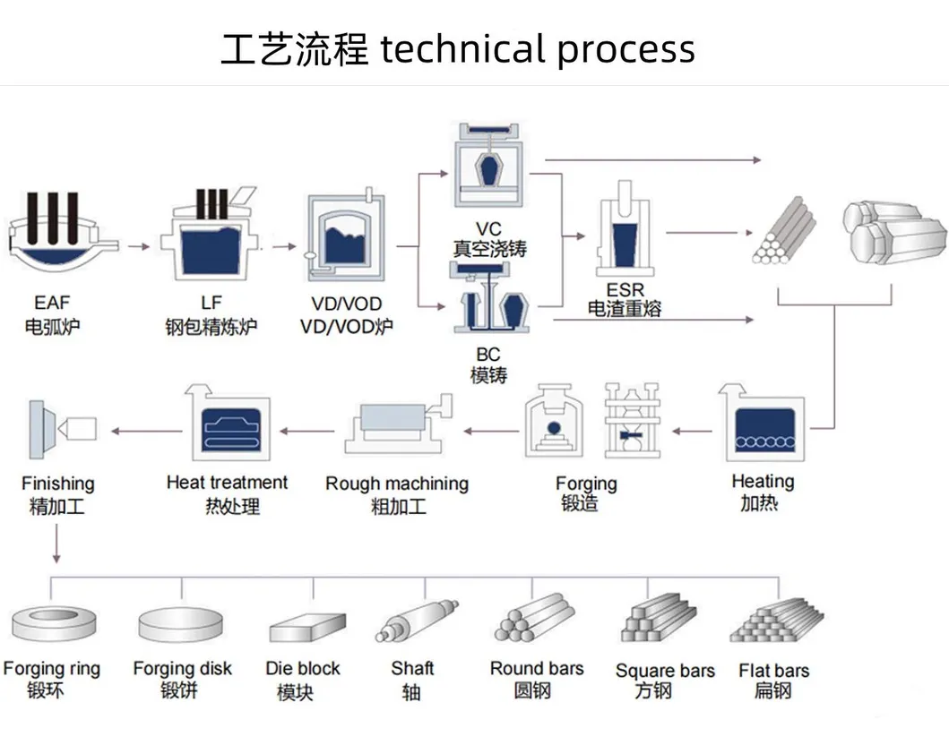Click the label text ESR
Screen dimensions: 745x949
[x=625, y=291]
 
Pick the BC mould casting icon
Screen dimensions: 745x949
[x=489, y=304]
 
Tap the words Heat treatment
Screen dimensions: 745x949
[x=227, y=483]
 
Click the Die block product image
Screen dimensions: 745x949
[x=307, y=627]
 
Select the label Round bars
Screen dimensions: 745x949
[x=536, y=668]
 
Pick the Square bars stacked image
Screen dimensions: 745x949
[x=660, y=619]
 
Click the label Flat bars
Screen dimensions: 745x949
[x=773, y=670]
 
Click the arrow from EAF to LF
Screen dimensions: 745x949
[x=136, y=244]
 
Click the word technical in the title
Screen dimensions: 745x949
[x=462, y=49]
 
